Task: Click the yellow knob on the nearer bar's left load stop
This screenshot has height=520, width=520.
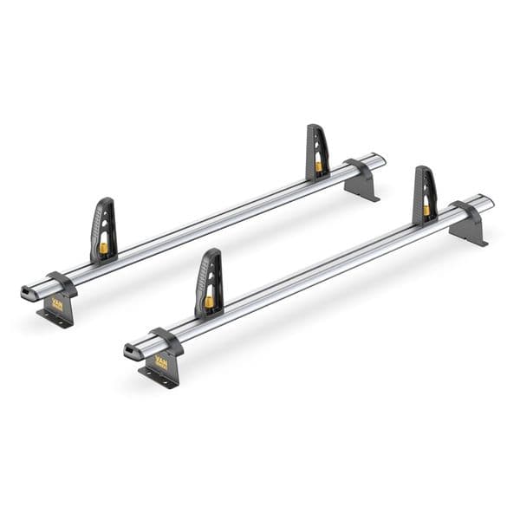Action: coord(209,302)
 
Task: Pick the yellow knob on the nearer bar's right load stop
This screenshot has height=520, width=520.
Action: coord(426,210)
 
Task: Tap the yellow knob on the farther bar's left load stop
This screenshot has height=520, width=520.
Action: coord(104,249)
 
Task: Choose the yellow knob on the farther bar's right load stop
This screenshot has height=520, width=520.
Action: coord(318,165)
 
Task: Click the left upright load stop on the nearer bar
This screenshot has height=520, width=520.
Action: coord(208,282)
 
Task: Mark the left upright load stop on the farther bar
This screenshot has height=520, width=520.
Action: coord(103,229)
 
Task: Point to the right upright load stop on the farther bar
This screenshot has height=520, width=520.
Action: coord(317,151)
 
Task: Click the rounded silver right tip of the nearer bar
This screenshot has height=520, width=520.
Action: coord(487,204)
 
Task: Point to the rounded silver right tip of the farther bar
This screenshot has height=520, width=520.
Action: coord(379,160)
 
